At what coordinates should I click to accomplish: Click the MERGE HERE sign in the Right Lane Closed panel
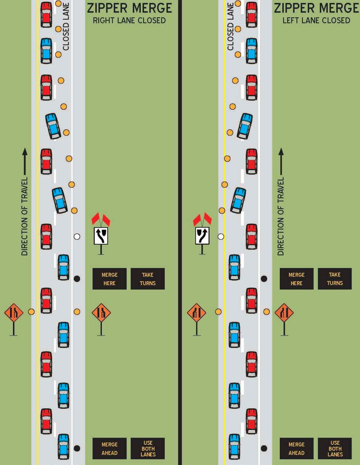pos(109,279)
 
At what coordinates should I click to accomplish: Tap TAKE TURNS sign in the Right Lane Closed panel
pos(148,279)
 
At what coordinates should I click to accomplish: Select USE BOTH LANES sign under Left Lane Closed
pos(335,448)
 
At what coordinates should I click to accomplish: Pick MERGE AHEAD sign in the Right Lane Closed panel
pos(109,448)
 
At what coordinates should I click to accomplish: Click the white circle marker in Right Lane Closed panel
pos(77,237)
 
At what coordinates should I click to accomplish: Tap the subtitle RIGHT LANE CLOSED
pos(129,20)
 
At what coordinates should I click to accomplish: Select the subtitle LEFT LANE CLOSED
pos(316,20)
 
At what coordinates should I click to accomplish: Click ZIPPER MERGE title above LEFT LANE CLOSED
pos(316,8)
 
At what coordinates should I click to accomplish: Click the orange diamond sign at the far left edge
pos(14,313)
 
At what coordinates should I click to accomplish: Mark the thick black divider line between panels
pos(180,232)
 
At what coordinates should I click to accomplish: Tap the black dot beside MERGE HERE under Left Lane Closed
pos(264,279)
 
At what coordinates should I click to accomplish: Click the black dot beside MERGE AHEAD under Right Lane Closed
pos(77,448)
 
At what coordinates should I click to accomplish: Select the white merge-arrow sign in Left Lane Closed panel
pos(202,236)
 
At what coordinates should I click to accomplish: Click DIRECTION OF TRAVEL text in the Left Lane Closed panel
pos(281,216)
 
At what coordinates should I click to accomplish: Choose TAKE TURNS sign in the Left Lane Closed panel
pos(335,279)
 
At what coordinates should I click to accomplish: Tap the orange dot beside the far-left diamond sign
pos(31,312)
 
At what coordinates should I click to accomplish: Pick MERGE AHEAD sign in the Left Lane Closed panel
pos(297,448)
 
